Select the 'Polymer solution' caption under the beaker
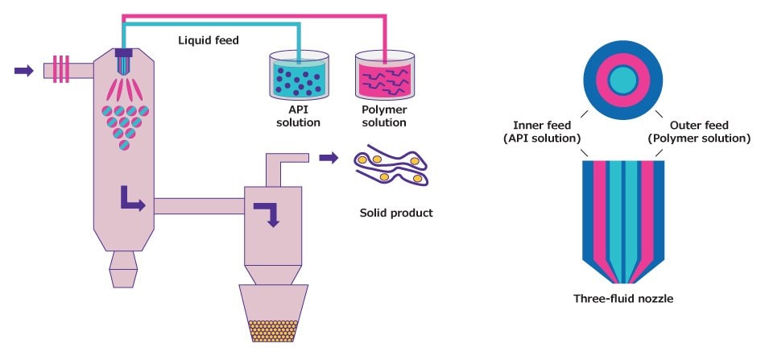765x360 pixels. tap(384, 117)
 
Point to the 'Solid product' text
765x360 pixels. tap(396, 213)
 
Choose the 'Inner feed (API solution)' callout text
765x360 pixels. tap(547, 131)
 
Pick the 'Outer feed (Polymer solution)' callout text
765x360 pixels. tap(699, 131)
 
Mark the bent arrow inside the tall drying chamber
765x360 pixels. tap(132, 198)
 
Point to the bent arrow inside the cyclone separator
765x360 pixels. tap(266, 211)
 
